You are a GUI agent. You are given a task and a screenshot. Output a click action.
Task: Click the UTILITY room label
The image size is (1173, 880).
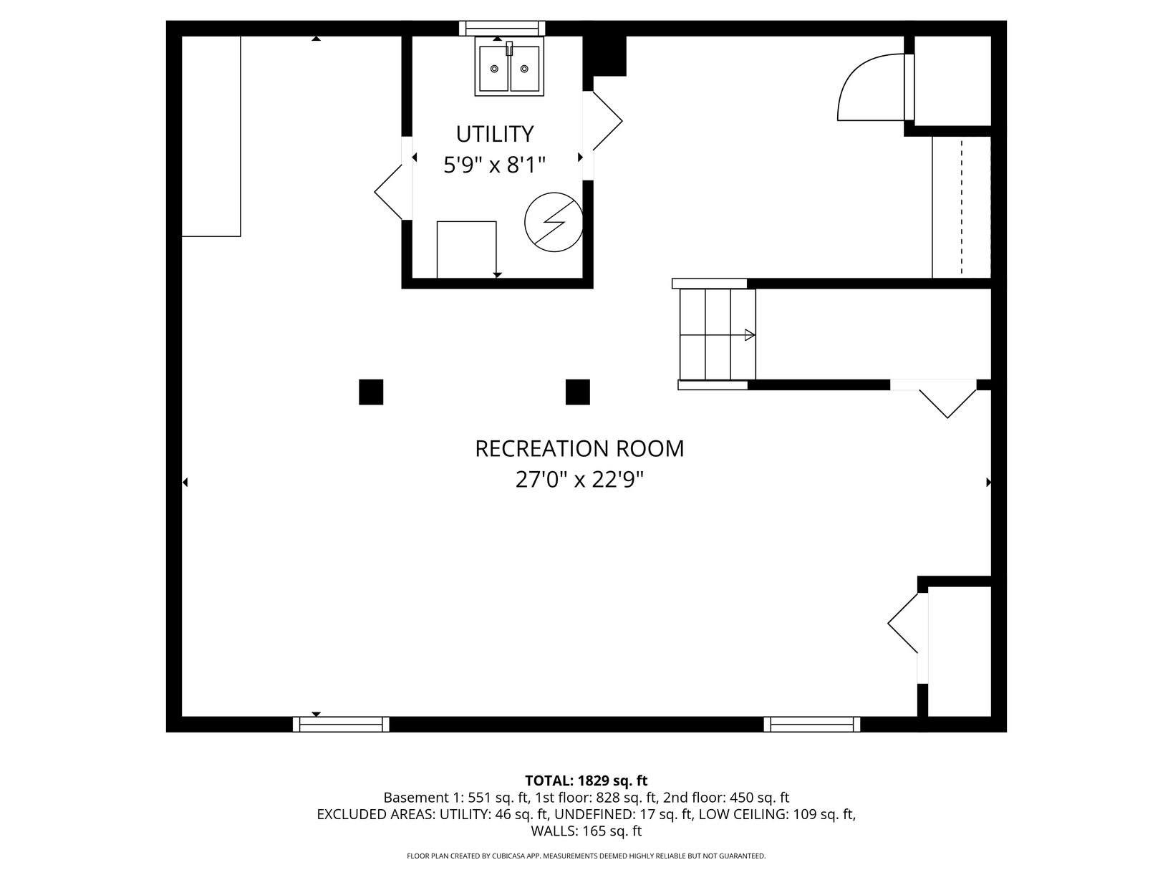click(x=494, y=134)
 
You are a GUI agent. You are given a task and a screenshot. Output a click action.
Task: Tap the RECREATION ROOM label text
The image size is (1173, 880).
click(x=579, y=449)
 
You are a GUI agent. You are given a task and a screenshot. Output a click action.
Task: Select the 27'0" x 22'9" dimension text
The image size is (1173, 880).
click(x=579, y=479)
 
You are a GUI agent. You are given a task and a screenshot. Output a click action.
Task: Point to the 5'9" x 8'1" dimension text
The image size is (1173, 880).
click(x=494, y=165)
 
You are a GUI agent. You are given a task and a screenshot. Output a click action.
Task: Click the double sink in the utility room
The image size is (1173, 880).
click(x=509, y=67)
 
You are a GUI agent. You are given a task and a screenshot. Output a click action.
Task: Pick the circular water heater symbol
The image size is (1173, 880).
click(x=554, y=222)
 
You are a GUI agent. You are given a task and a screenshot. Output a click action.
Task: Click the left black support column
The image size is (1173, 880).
click(x=371, y=392)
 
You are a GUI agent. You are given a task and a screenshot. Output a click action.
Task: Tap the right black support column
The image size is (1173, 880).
click(x=578, y=392)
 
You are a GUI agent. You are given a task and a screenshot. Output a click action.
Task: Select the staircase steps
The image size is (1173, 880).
click(x=718, y=334)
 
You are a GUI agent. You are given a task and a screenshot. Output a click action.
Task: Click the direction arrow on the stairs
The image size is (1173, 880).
click(x=750, y=335)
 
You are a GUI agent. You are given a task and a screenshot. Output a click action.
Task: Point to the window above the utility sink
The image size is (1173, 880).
click(x=502, y=29)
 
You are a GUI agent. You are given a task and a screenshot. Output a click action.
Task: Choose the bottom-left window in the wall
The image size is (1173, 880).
click(x=341, y=725)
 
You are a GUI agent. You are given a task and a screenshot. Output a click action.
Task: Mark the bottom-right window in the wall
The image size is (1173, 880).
click(x=812, y=725)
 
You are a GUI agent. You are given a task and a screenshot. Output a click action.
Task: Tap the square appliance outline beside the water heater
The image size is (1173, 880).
click(x=466, y=249)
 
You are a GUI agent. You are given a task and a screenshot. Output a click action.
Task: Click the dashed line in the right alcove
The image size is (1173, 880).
click(x=961, y=208)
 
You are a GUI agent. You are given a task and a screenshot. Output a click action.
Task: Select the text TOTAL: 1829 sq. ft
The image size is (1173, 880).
click(x=586, y=780)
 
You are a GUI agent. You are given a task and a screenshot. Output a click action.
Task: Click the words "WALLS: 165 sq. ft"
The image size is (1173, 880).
click(x=586, y=831)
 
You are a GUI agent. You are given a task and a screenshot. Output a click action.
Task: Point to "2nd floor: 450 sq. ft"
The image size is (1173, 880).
click(x=725, y=798)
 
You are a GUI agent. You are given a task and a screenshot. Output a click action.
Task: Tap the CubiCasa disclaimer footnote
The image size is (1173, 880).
click(x=586, y=856)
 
